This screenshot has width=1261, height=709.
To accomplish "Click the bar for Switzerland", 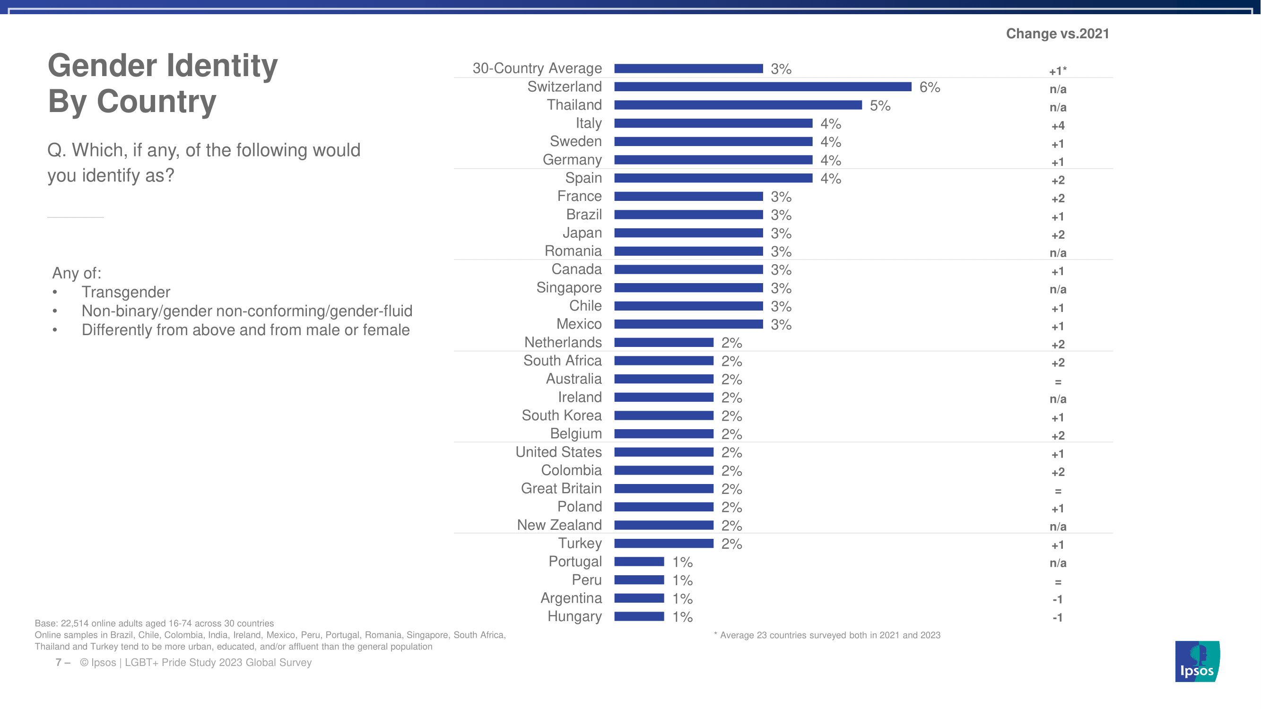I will pos(763,87).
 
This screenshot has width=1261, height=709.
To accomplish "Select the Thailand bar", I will pos(738,105).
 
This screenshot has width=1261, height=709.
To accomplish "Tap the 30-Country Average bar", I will pos(688,69).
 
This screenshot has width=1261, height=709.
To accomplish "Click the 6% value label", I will pos(930,87).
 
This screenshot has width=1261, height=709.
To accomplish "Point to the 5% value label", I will pos(879,106).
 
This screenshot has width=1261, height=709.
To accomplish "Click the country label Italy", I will pos(588,123).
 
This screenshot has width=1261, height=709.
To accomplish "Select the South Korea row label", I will pos(562,415).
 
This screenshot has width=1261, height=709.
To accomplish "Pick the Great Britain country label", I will pos(561,488).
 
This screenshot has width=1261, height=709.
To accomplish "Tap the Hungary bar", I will pos(639,616).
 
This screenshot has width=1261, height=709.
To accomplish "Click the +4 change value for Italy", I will pos(1058,126).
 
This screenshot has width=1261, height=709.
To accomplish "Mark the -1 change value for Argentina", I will pos(1058,599).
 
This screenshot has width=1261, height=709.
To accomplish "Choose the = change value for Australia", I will pos(1058,381).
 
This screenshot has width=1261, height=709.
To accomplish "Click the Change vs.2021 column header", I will pos(1057,34).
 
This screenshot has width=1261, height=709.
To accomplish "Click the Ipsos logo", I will pos(1197,662).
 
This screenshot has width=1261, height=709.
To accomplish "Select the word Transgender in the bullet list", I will pos(126,292).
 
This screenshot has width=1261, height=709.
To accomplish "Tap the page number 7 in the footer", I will pos(59,663).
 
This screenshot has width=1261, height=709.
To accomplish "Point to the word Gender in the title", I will pos(104,66).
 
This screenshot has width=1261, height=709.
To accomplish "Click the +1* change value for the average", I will pos(1058,71).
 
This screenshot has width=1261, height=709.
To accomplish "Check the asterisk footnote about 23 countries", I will pos(827,635).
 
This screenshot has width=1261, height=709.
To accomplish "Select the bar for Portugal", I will pos(639,562).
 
